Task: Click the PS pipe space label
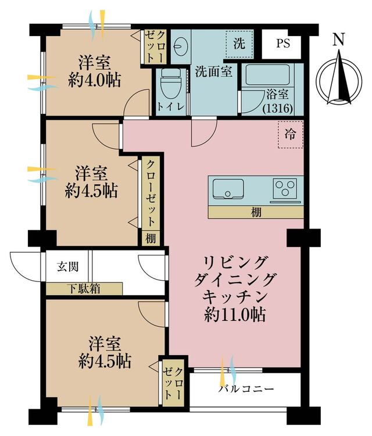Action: (x=283, y=44)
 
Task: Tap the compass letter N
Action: (x=339, y=40)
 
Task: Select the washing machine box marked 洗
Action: (x=239, y=44)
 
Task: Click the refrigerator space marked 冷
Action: (x=290, y=135)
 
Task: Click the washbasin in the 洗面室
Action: (x=180, y=46)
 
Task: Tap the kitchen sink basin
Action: (x=228, y=189)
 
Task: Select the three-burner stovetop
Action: (x=285, y=188)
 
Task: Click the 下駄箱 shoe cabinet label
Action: (x=84, y=289)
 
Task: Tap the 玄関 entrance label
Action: (x=68, y=267)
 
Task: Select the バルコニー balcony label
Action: (x=245, y=388)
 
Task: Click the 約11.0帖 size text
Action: (x=234, y=315)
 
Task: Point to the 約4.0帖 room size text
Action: (x=94, y=80)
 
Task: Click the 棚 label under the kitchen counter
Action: (x=256, y=212)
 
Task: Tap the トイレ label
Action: (x=171, y=106)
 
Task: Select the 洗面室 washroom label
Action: (x=213, y=72)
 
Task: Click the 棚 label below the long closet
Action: (x=151, y=238)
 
